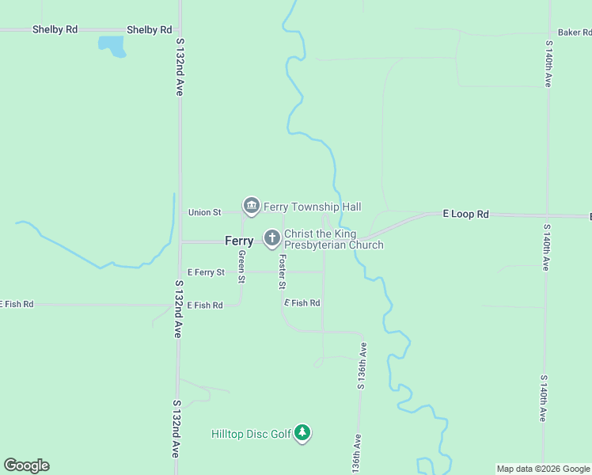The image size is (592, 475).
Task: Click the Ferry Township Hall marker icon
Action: point(252,207)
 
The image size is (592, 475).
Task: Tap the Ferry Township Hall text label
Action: point(312,207)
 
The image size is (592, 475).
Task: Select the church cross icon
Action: point(271,237)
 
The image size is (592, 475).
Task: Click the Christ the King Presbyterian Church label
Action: point(333,240)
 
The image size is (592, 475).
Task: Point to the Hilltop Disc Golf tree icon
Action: point(302,433)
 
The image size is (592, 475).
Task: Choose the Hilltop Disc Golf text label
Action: point(252,434)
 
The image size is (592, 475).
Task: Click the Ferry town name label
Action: point(239,241)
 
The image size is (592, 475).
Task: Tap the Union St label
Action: point(204,212)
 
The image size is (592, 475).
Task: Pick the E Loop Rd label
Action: point(466,214)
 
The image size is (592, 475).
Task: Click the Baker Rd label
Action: point(574,32)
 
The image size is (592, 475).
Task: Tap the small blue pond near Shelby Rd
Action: point(112,46)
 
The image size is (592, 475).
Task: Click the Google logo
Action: point(26,465)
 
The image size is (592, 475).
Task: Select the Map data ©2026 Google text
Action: point(543,469)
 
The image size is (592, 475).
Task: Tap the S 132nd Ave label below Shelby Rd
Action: point(180,67)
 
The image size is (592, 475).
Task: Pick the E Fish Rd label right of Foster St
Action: point(302,303)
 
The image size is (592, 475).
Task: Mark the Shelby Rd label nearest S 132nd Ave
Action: point(149,29)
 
